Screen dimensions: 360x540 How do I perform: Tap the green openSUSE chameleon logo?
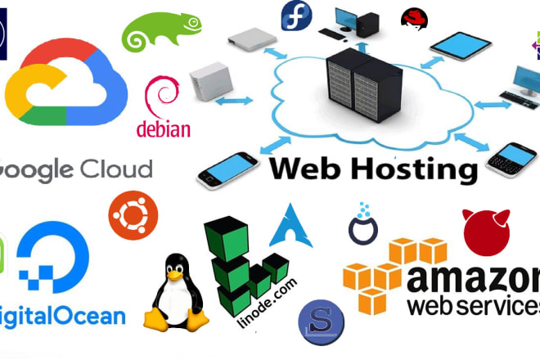pos(161,32)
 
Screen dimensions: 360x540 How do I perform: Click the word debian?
pos(164,128)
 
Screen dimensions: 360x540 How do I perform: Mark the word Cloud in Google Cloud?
pos(117,169)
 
